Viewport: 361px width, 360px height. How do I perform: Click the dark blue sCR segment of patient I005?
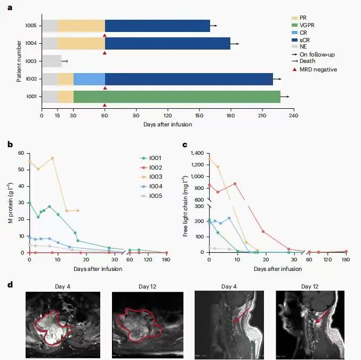157,26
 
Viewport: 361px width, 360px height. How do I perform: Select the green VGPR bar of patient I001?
177,97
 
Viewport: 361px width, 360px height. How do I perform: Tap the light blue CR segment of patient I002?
89,79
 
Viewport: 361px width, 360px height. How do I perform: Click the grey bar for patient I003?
51,61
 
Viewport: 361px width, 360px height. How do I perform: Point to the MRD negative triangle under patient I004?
105,53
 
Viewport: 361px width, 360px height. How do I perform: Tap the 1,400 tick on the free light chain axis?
197,153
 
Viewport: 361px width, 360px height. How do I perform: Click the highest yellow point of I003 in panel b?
52,158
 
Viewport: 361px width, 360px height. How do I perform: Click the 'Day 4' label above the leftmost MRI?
62,286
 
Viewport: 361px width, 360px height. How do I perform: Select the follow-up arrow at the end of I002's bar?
277,79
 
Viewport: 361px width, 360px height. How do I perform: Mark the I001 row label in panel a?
31,97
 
